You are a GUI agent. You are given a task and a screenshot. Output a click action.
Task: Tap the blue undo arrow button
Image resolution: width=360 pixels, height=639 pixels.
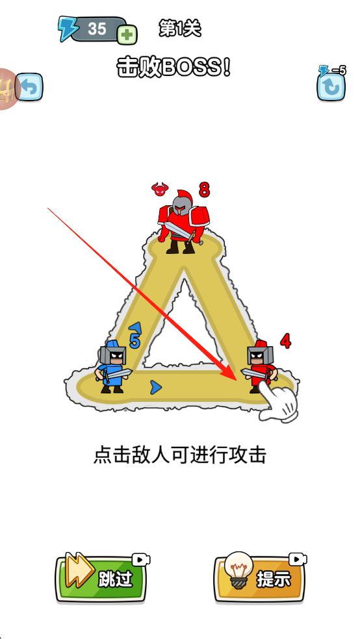point(29,87)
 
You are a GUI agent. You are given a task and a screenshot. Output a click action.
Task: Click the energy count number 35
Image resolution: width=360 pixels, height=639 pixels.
point(97,29)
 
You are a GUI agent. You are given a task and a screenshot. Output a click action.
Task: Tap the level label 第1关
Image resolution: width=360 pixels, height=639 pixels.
point(180,29)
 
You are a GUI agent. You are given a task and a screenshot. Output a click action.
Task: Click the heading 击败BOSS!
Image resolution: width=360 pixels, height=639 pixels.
point(174,68)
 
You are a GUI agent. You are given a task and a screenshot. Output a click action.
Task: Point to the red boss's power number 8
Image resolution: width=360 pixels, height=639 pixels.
point(204,190)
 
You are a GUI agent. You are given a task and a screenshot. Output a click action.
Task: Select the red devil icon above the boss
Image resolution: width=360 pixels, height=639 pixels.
point(160,188)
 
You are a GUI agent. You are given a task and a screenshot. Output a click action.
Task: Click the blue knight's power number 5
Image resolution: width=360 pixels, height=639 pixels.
point(134,341)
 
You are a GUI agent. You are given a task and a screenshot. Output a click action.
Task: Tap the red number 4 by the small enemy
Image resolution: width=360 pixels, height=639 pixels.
point(285,341)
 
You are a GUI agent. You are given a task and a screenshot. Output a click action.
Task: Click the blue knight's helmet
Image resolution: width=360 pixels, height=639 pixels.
point(113,353)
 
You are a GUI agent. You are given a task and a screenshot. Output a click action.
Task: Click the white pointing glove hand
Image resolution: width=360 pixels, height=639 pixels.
point(278,401)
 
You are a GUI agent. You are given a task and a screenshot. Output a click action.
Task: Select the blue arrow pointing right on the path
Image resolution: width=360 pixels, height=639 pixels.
point(155,387)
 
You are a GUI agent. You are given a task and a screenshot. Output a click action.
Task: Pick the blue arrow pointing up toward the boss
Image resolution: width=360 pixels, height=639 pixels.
point(135,327)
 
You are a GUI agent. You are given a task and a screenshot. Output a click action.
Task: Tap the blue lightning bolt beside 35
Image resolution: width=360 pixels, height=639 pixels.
point(66,29)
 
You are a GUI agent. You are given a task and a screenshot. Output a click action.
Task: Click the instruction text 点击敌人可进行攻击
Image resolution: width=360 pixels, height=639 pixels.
point(180,455)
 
